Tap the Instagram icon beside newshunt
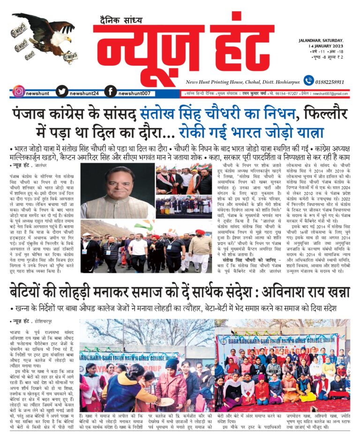click(19, 92)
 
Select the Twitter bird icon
click(62, 92)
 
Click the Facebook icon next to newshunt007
click(110, 92)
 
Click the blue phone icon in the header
click(308, 80)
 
